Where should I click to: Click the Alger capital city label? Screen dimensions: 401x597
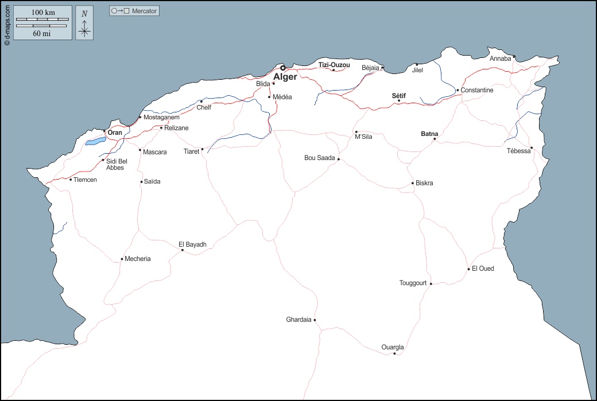tap(285, 77)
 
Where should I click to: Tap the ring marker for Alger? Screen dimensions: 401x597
tap(282, 68)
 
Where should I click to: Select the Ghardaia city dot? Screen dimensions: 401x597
tap(315, 320)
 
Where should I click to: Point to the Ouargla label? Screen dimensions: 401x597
tap(393, 347)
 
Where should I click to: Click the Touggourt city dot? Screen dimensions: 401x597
tap(431, 283)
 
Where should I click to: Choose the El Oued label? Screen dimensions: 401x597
tap(483, 268)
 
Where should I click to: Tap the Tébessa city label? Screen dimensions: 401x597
tap(519, 151)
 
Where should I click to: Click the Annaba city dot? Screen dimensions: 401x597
tap(514, 57)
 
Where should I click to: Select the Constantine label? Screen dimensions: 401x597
tap(477, 90)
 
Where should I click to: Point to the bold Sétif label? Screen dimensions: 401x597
tap(398, 96)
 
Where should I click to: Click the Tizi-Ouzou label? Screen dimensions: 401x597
tap(334, 65)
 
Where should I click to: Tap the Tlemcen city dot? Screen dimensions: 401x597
tap(71, 180)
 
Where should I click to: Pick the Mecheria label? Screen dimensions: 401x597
tap(138, 259)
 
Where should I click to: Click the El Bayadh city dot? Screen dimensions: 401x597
tap(183, 250)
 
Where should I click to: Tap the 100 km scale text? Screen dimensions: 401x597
tap(43, 13)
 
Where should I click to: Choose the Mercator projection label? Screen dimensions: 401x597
tap(144, 11)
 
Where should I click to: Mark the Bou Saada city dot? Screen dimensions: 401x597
tap(339, 159)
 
